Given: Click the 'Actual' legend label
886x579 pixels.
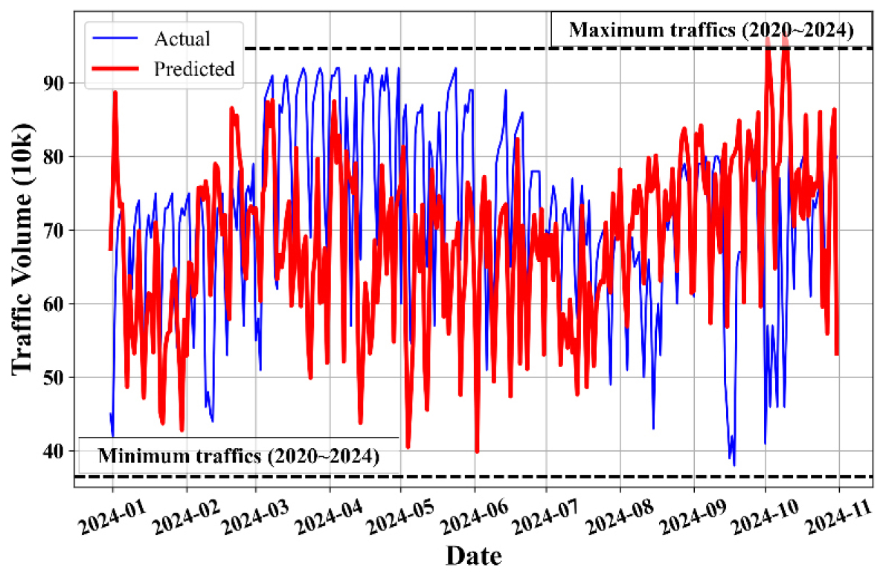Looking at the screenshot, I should tap(182, 38).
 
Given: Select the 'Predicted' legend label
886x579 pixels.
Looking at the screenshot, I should tap(194, 68).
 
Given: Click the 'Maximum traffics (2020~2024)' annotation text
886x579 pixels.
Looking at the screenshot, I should tap(710, 30).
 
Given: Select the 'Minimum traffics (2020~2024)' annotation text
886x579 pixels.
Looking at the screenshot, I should tap(239, 455).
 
